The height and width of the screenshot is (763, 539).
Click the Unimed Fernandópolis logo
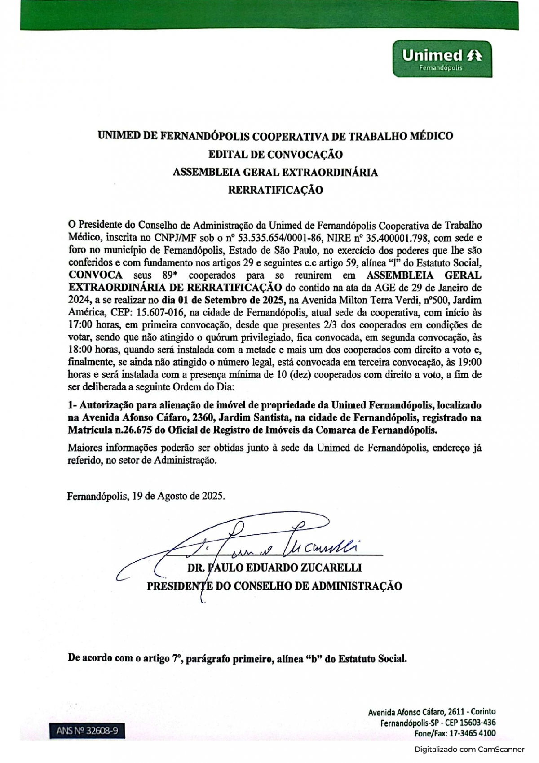[x=442, y=59]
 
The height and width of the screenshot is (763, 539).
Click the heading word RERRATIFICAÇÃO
[x=275, y=190]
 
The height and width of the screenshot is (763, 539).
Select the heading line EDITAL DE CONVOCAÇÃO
[x=275, y=155]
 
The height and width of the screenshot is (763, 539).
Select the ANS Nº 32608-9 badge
[x=87, y=731]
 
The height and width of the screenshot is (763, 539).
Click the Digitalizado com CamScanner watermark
[x=469, y=749]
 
